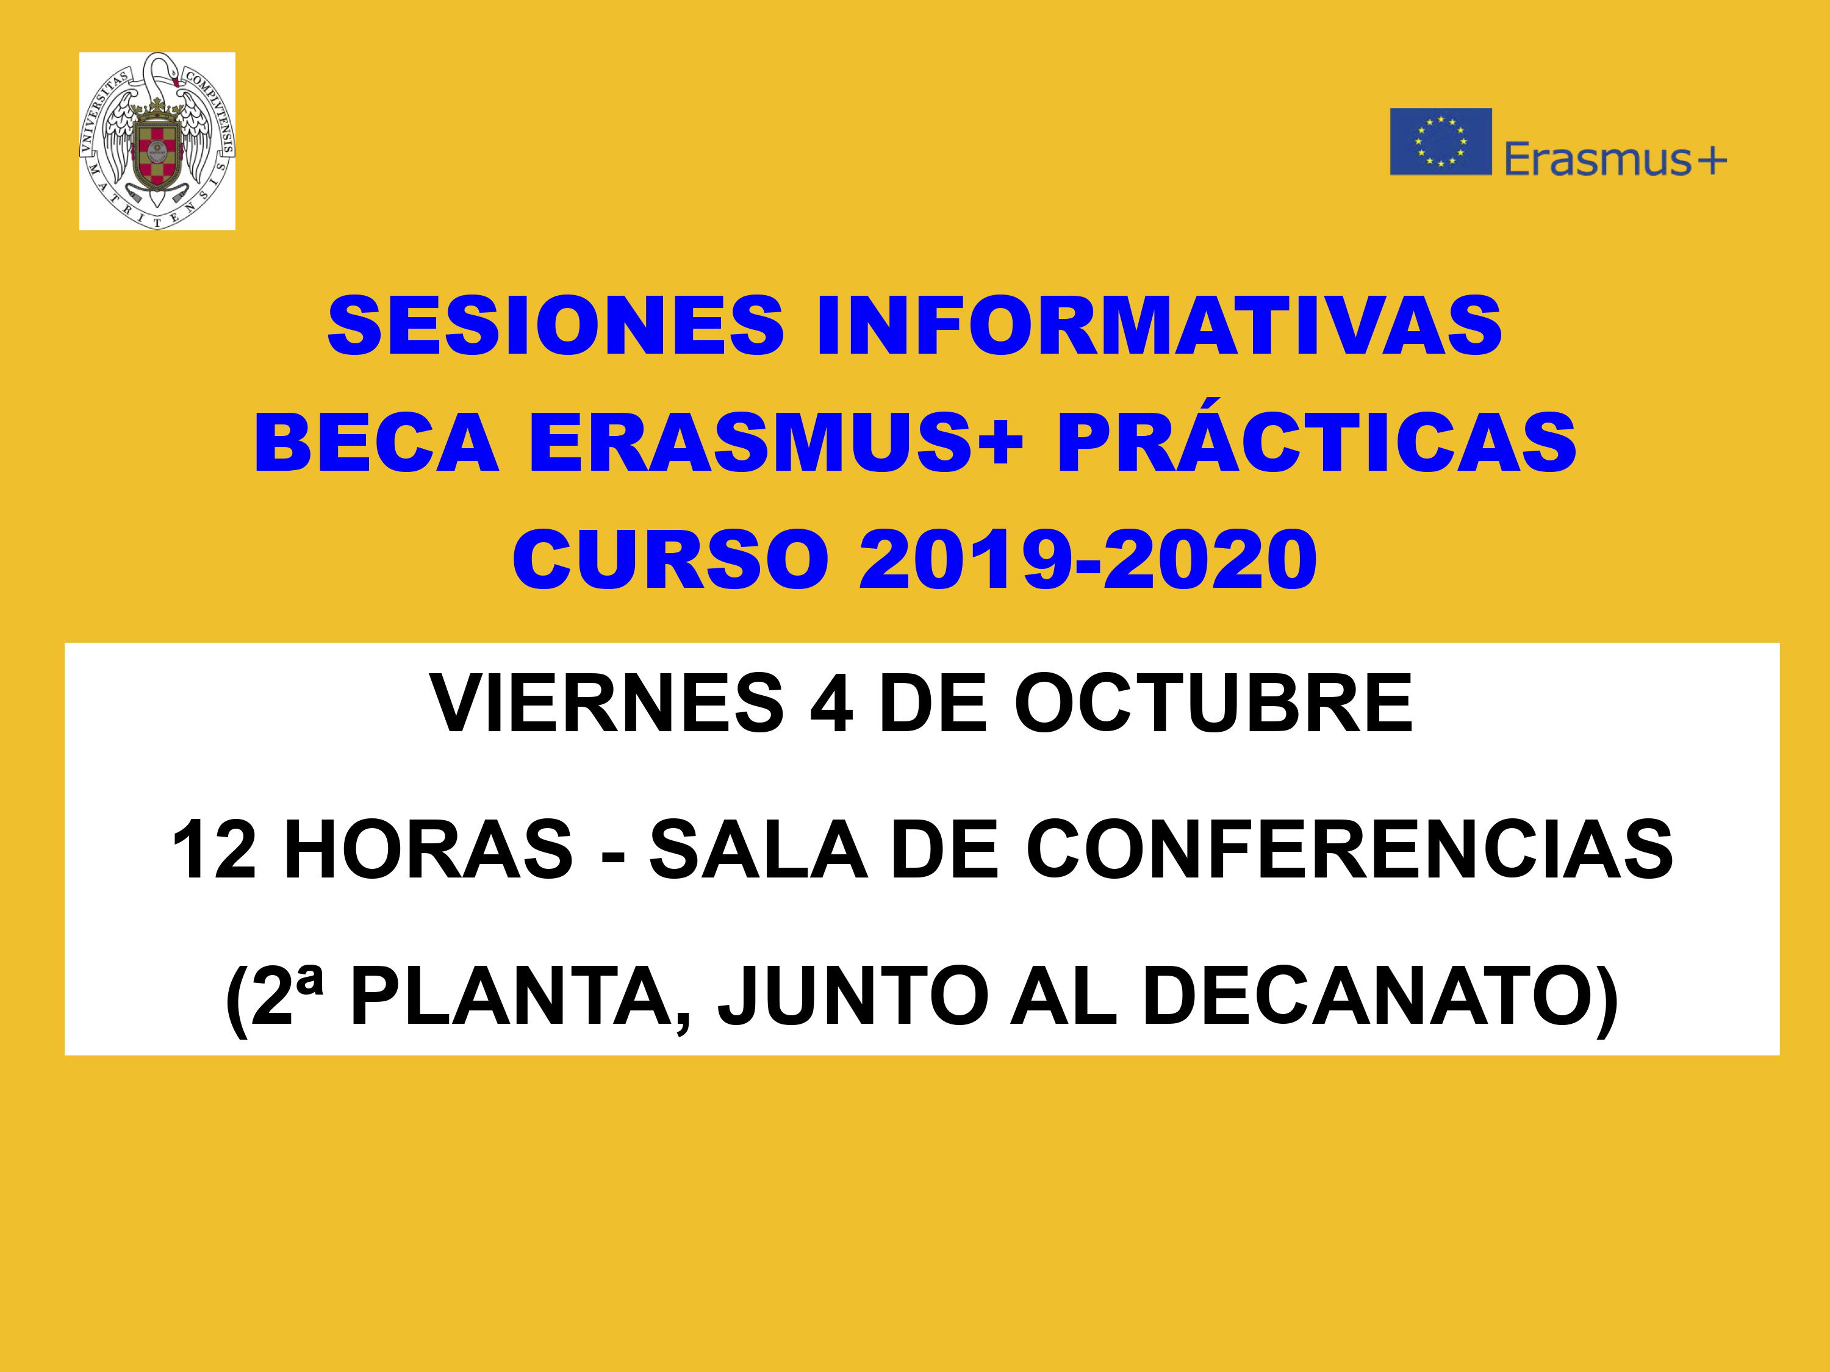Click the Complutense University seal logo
pos(157,141)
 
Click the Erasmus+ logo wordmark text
pos(1615,159)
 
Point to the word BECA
pos(377,443)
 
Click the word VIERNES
pos(606,703)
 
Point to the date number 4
pos(831,703)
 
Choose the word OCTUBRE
pos(1214,703)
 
